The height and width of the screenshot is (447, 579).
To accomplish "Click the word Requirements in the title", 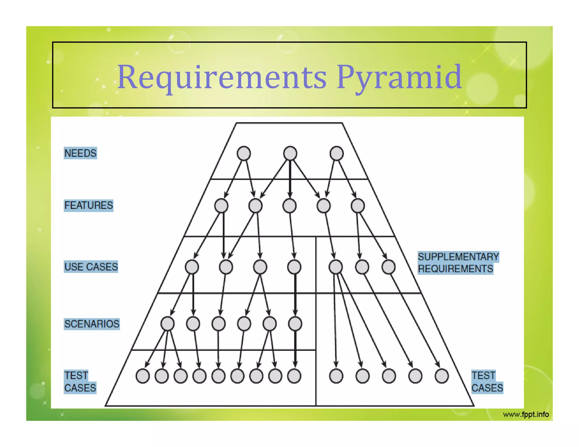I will tap(222, 77).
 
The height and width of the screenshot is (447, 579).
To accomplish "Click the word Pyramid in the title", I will tap(399, 77).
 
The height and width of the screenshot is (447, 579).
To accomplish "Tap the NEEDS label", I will tap(80, 153).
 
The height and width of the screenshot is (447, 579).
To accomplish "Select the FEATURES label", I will tap(88, 205).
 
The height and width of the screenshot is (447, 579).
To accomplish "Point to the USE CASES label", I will tap(91, 267).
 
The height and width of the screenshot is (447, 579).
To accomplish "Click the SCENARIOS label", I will tap(92, 324).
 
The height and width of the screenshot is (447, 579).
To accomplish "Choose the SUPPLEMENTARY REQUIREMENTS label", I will tap(458, 263).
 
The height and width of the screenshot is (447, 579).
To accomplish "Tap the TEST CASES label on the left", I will tap(80, 382).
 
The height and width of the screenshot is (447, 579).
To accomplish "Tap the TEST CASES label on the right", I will tap(487, 382).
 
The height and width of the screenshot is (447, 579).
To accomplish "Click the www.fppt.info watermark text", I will tap(526, 415).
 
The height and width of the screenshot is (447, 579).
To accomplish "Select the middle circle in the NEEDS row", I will tap(290, 153).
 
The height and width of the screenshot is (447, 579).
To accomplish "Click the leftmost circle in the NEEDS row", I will tap(244, 153).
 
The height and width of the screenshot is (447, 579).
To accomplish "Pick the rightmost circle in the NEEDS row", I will tap(336, 153).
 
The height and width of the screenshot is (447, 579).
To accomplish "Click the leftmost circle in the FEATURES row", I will tap(221, 206).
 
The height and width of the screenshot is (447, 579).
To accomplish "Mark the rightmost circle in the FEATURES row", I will tap(358, 206).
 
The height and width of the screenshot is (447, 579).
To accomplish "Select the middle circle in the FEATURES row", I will tap(289, 206).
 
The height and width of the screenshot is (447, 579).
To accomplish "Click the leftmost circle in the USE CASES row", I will tap(192, 267).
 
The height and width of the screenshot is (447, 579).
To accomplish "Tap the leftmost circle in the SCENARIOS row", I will tap(167, 324).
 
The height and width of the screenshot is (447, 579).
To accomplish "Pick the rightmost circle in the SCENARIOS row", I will tap(295, 324).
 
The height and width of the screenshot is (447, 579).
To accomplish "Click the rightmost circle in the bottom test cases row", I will tap(442, 376).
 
